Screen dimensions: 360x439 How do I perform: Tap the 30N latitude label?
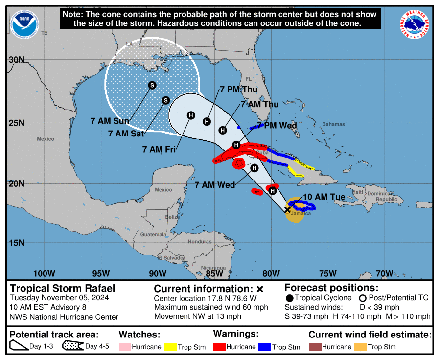coord(17,60)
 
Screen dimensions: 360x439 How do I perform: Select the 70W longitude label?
coord(385,273)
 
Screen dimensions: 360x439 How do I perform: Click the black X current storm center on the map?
coord(288,209)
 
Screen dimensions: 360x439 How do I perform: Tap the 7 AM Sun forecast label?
coord(110,121)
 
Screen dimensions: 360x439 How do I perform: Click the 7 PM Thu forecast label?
coord(238,89)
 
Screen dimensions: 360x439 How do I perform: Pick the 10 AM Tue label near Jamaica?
coord(324,197)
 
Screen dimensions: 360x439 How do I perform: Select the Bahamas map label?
coord(333,124)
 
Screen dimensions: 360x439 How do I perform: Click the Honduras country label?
coord(200,242)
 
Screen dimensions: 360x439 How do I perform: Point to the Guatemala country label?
coord(150,235)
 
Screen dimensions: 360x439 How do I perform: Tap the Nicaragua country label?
coord(214,268)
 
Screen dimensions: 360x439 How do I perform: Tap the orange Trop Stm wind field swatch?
coord(360,347)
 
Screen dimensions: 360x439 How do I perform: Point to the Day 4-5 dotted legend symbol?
coord(72,347)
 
